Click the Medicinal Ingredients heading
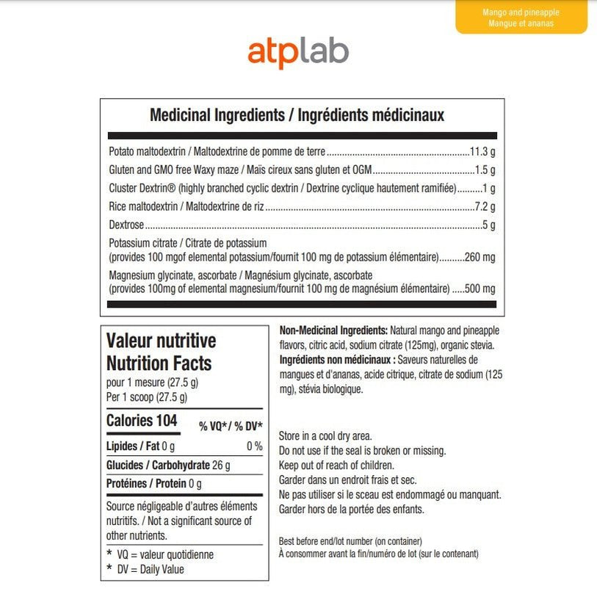click(x=297, y=115)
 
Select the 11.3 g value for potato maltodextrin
click(x=482, y=152)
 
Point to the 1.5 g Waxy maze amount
click(x=485, y=170)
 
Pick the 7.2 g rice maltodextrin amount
click(x=485, y=206)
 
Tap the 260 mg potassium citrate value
click(x=480, y=257)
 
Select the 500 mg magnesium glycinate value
click(x=480, y=289)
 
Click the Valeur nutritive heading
click(x=161, y=341)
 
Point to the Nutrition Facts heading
click(x=159, y=363)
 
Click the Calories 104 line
click(x=142, y=421)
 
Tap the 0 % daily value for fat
click(x=254, y=446)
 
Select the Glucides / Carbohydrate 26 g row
click(x=168, y=465)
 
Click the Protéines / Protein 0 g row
click(x=153, y=484)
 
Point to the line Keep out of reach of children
click(x=336, y=465)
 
